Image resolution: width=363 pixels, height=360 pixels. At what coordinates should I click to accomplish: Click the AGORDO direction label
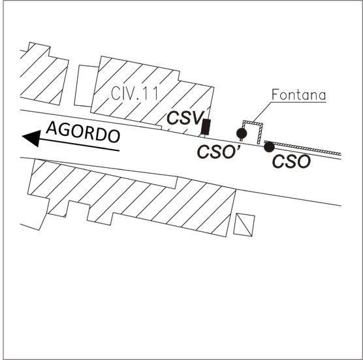coord(83,132)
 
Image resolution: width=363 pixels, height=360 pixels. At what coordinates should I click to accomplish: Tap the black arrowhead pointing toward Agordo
coord(33,138)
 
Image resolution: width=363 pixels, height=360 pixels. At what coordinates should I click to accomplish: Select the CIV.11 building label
coord(134,93)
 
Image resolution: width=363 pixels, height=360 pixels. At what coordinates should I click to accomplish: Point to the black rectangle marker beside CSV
coord(206,127)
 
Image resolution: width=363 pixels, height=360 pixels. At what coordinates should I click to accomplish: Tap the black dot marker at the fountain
coord(242,133)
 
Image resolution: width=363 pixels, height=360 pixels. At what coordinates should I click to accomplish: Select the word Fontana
coord(298,95)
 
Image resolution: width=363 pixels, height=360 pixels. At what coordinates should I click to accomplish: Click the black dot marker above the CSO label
coord(269,147)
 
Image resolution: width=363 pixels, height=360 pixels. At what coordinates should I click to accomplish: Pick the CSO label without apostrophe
coord(291,161)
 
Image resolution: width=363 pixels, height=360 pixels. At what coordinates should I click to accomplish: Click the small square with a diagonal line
coord(244,225)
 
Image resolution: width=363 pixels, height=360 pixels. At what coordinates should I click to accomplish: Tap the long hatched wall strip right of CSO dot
coord(304,148)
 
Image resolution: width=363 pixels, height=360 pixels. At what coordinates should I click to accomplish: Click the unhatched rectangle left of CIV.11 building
coord(86,86)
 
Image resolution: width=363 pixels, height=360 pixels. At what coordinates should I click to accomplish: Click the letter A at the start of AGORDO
coord(52,128)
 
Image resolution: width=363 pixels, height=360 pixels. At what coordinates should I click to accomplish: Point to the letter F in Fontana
coord(275,95)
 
